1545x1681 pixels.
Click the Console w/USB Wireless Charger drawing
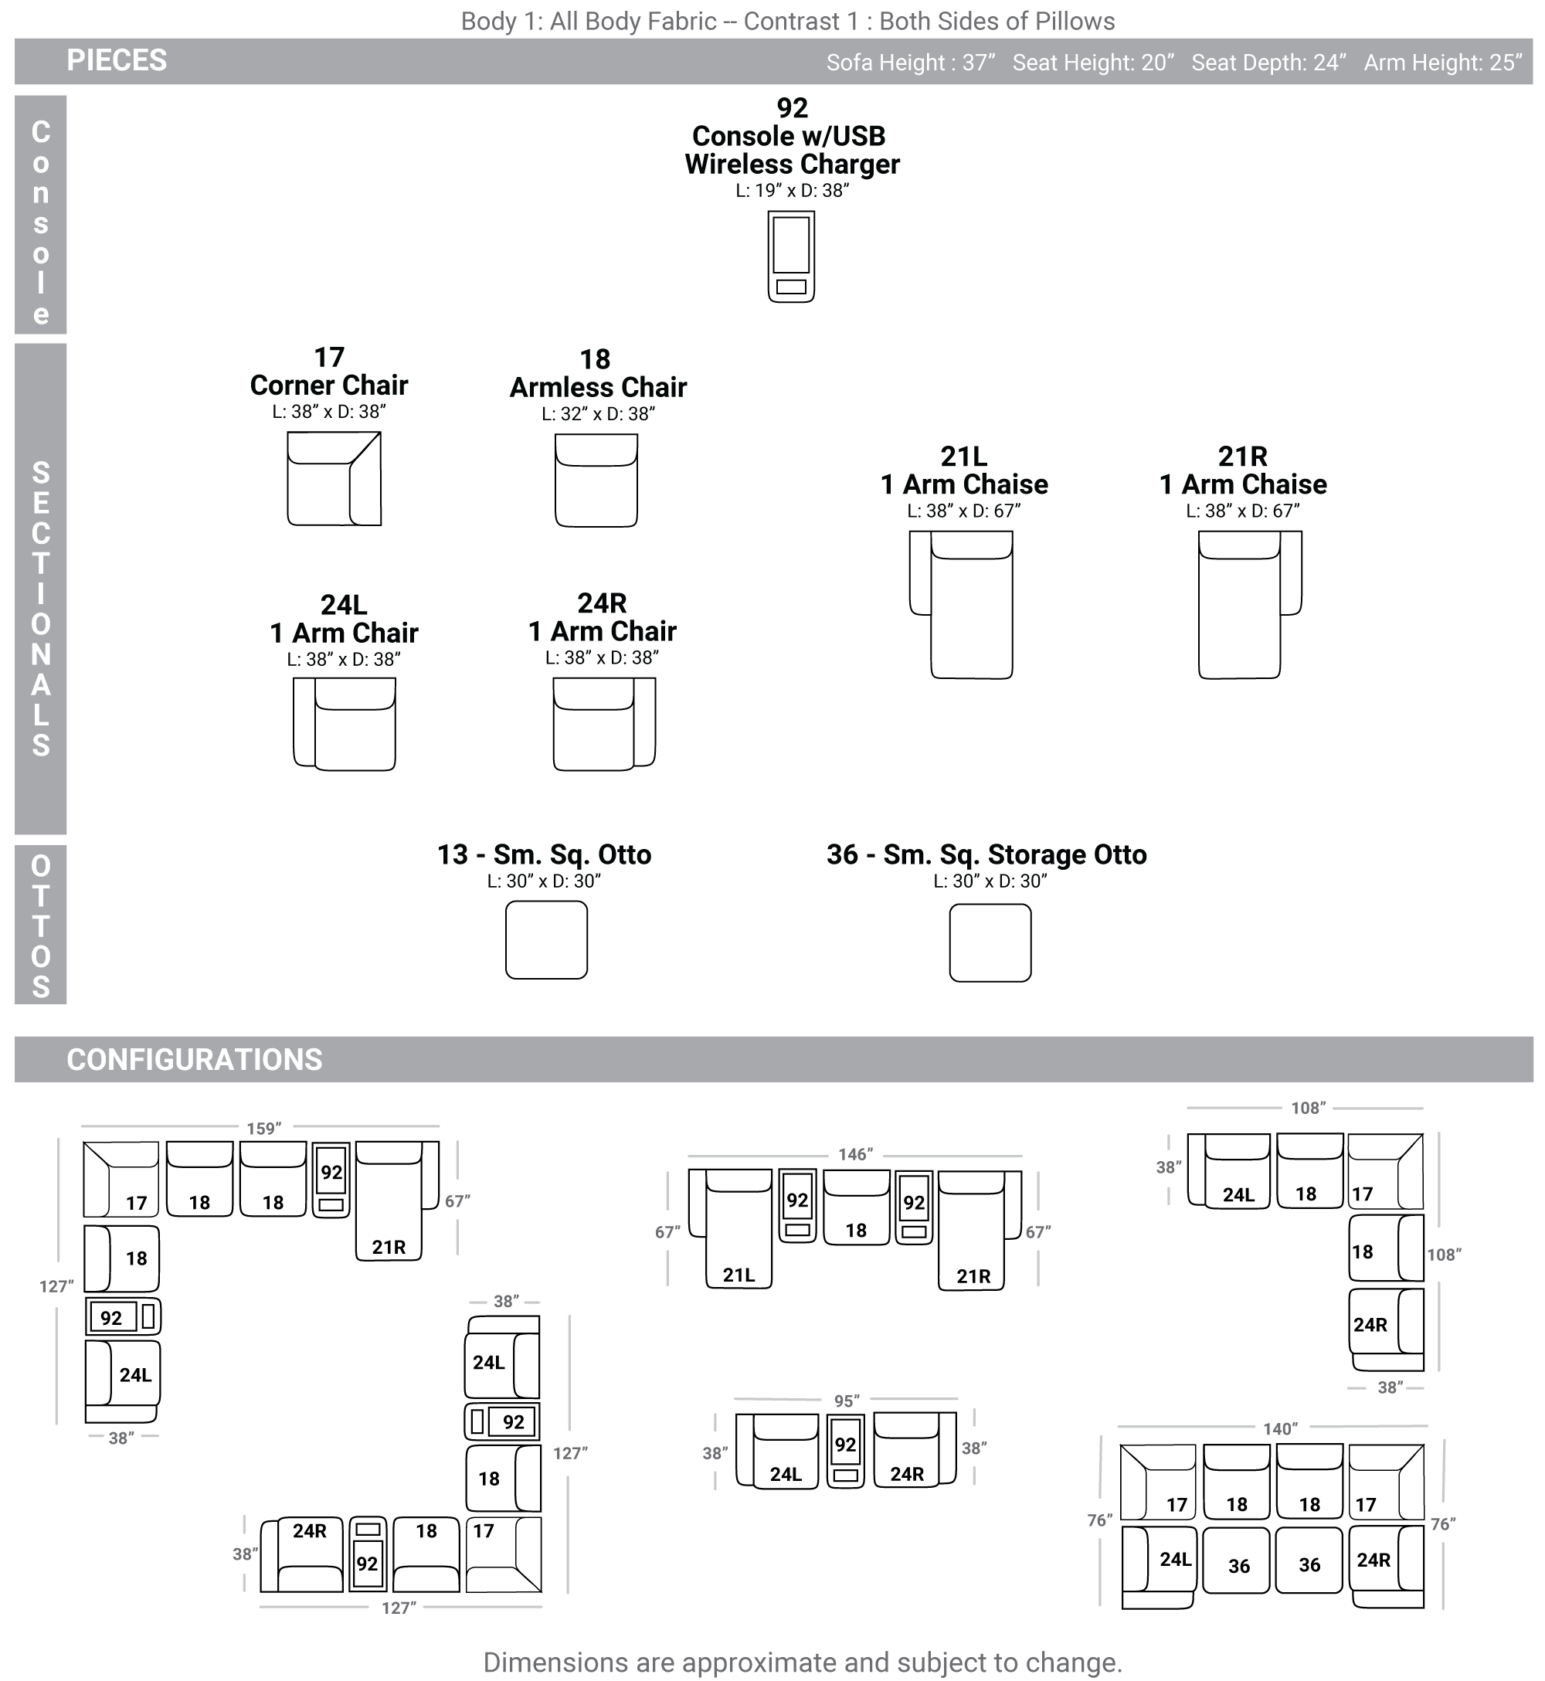(x=791, y=256)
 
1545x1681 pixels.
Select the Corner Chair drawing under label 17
(x=334, y=478)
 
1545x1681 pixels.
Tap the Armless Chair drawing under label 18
(x=596, y=480)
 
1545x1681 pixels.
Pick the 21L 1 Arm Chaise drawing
(x=961, y=604)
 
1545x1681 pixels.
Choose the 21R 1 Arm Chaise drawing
(x=1249, y=604)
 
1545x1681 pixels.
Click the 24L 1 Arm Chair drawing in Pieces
(x=344, y=724)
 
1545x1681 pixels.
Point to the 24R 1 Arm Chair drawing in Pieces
(x=603, y=724)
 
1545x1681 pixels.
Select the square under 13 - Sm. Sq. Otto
(x=546, y=939)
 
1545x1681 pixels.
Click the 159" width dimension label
(x=263, y=1129)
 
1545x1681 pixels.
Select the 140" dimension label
(x=1279, y=1428)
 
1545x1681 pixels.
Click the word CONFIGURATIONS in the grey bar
(x=194, y=1059)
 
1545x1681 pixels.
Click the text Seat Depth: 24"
(x=1268, y=63)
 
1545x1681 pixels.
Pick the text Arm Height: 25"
(x=1443, y=63)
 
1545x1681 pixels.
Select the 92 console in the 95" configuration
(x=845, y=1450)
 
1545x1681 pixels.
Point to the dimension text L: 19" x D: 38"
(x=792, y=191)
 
